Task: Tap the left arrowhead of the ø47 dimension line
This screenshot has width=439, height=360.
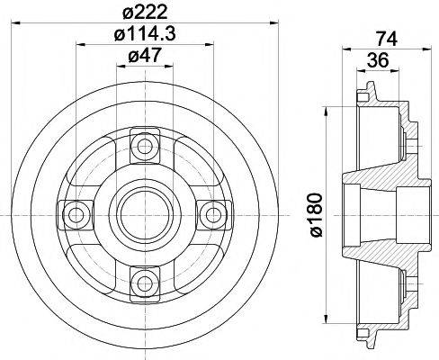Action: coord(117,67)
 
